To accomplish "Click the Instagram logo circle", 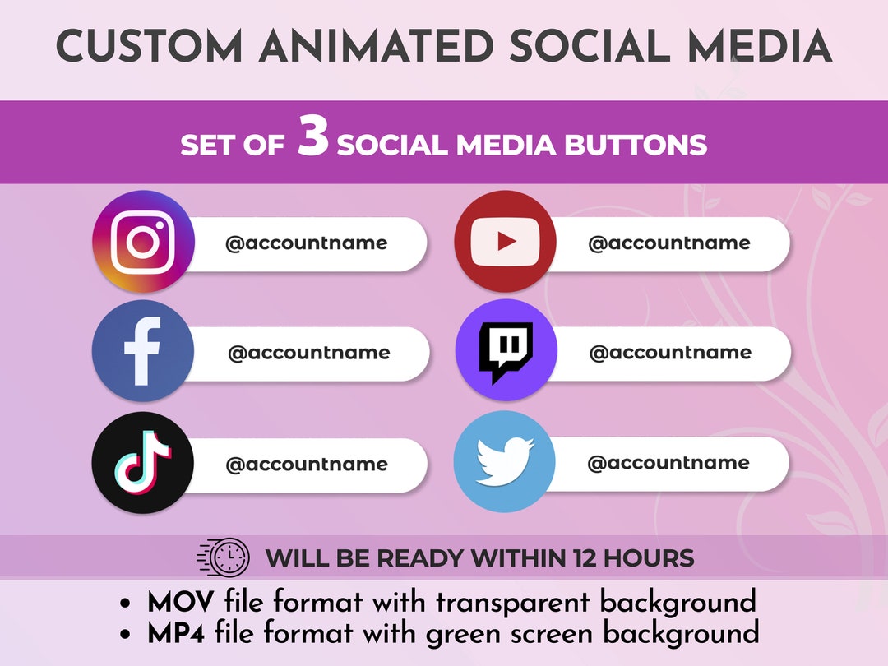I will coord(143,242).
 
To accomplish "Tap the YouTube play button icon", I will coord(506,242).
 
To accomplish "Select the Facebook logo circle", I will coord(143,351).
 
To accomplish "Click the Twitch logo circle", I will coord(506,351).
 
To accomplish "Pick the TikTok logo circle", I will coord(143,463).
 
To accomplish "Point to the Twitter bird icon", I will coord(505,462).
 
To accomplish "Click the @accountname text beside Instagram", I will coord(306,243).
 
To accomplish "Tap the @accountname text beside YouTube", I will coord(668,243).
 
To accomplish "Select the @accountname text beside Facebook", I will coord(308,353).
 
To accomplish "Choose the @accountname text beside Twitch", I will coord(670,353).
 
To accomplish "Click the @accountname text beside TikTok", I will coord(306,465).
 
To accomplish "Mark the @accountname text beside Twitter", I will coord(668,463).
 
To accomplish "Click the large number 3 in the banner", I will coord(313,140).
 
